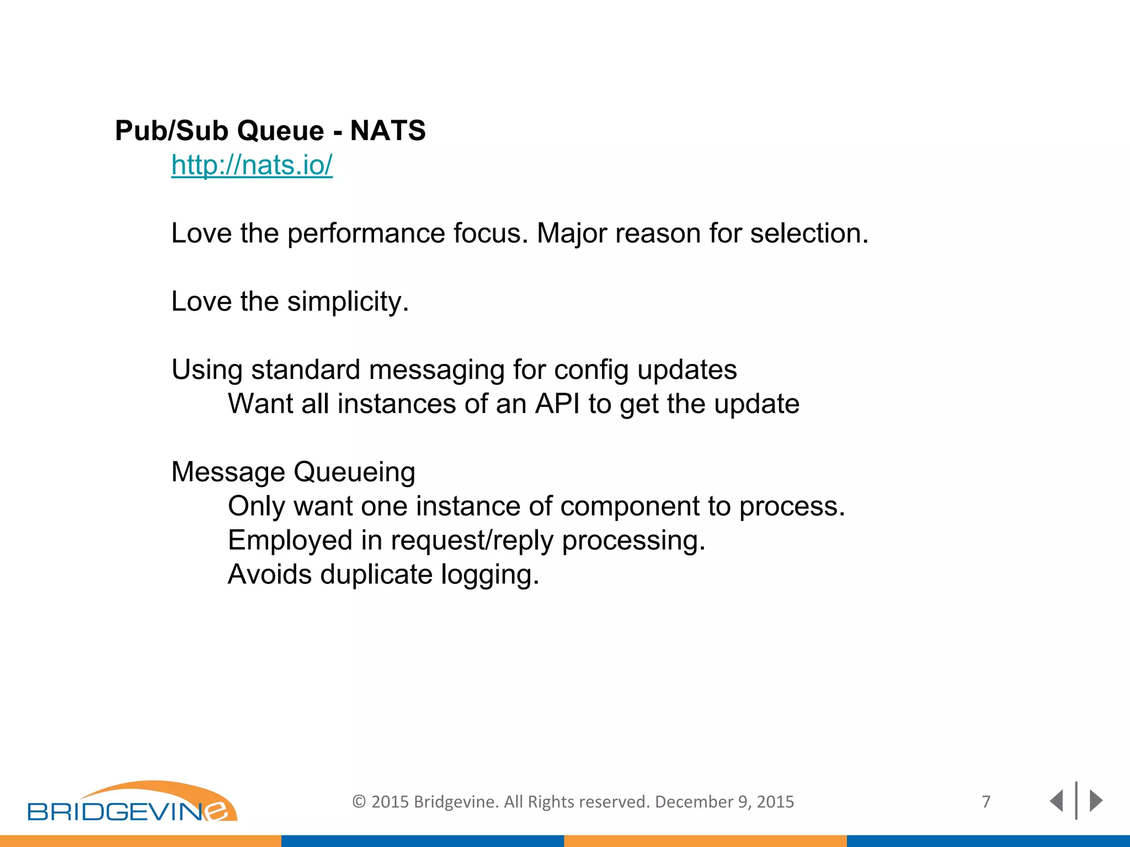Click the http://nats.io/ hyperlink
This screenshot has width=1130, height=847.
(252, 165)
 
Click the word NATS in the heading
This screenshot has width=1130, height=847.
(388, 131)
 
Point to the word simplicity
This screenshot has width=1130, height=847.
(348, 302)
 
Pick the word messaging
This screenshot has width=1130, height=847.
(436, 370)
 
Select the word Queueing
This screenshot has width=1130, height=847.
(354, 472)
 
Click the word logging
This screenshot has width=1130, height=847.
(489, 575)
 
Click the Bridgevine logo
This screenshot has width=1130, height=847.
(132, 802)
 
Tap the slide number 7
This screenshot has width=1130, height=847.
(986, 801)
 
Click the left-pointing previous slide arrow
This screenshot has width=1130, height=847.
(1056, 801)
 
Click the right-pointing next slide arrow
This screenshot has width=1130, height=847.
(1096, 801)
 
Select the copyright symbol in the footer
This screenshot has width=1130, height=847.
(359, 802)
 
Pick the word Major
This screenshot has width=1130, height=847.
(572, 233)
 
